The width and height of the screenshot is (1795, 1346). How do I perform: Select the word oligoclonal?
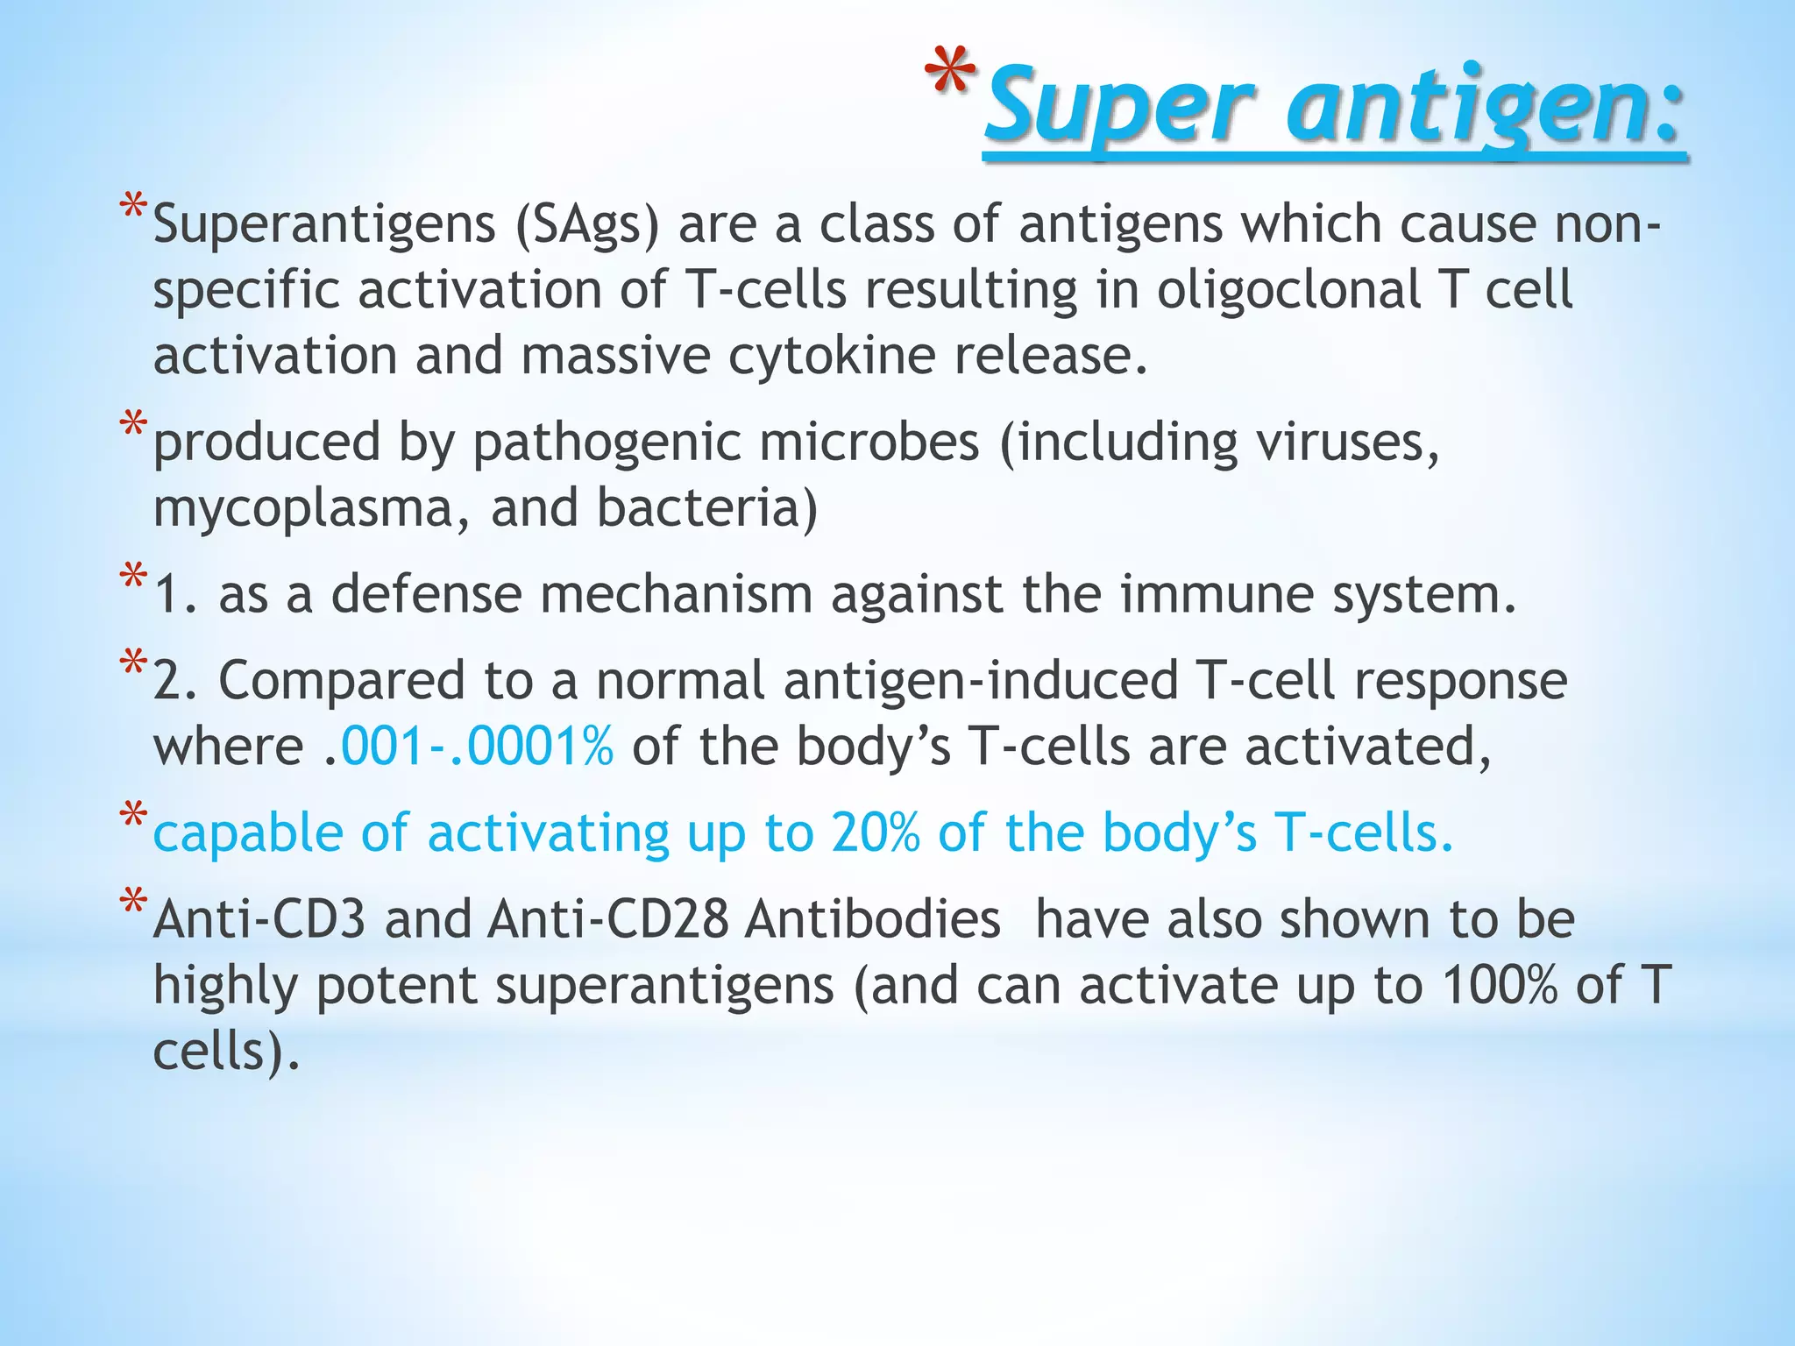click(1288, 291)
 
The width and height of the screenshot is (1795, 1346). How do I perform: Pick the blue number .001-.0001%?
click(477, 747)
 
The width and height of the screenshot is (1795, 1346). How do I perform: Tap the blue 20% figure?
click(876, 832)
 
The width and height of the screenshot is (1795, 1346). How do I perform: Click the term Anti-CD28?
click(608, 920)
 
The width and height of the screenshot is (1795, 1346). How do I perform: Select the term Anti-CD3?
click(259, 920)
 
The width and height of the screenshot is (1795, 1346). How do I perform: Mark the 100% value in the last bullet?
click(1500, 986)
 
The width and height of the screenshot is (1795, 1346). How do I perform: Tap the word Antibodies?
click(872, 920)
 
